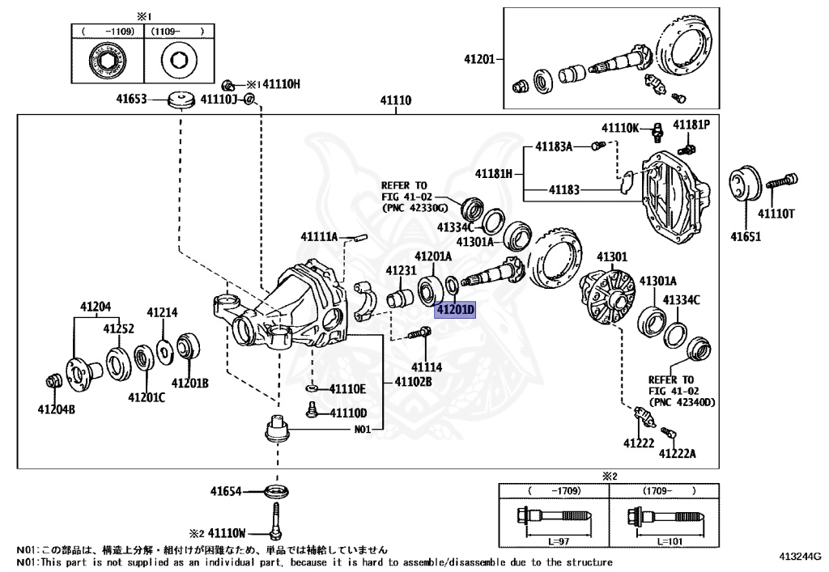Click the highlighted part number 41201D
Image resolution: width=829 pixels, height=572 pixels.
coord(455,310)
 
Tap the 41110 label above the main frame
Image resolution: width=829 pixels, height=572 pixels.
coord(396,102)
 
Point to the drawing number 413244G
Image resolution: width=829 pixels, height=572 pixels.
coord(800,556)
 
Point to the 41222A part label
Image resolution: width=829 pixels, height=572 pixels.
coord(678,453)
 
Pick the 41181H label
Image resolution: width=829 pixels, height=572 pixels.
coord(493,173)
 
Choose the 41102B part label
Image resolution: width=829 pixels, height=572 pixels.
coord(413,380)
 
